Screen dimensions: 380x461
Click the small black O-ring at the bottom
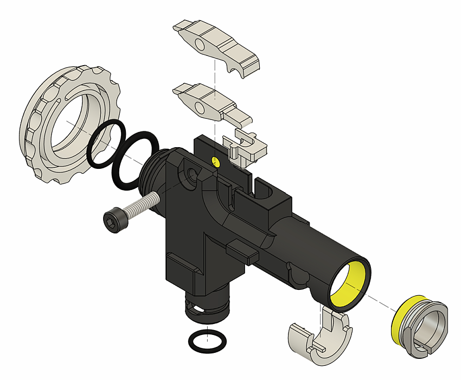click(207, 341)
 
